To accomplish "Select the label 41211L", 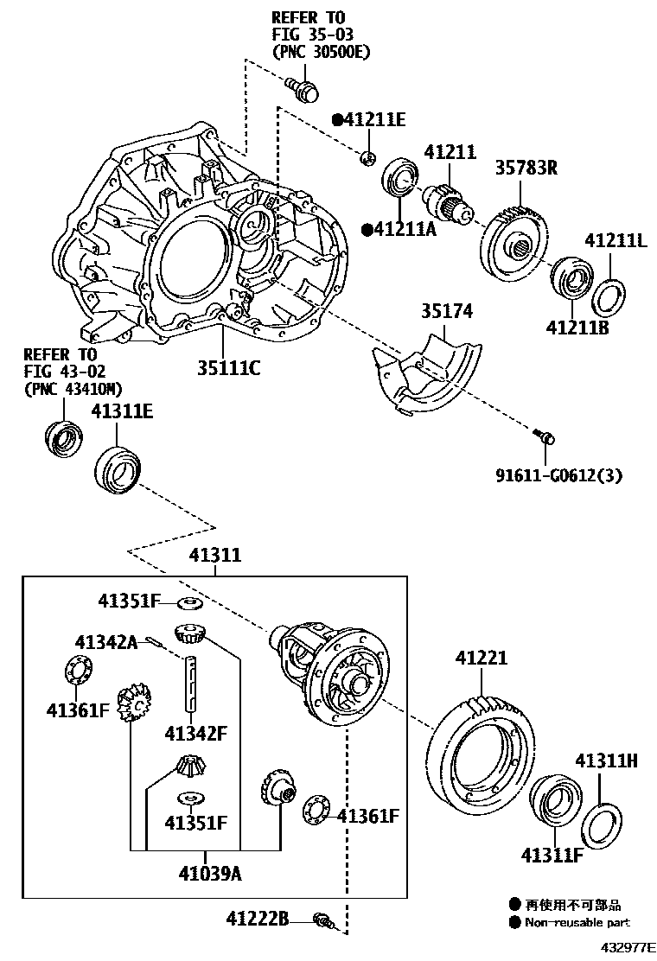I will (x=616, y=239).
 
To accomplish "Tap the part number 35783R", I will (x=526, y=168).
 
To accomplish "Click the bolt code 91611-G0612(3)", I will (x=558, y=474).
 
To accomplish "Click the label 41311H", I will (x=607, y=761).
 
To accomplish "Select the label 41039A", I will (x=211, y=873).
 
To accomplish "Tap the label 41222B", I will (x=258, y=918).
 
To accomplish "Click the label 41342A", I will (x=105, y=642).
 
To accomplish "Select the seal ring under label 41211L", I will (x=609, y=296).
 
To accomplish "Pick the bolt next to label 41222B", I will (x=323, y=920).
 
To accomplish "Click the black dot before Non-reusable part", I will (x=516, y=922).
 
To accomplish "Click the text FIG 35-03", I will (x=308, y=35).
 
